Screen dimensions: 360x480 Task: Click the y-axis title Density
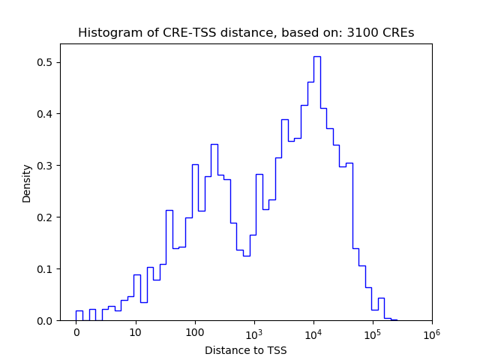point(27,184)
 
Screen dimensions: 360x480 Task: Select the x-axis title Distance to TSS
point(246,350)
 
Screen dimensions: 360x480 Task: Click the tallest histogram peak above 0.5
point(317,57)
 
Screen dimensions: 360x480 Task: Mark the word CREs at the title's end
point(397,33)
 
